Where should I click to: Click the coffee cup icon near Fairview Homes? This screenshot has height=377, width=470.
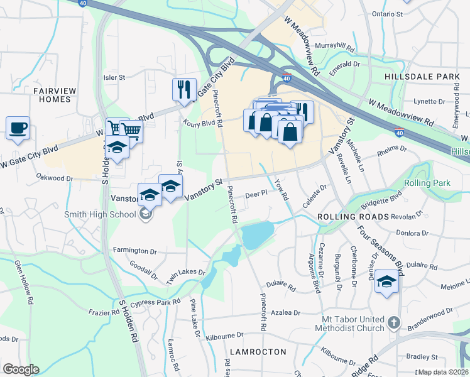tap(18, 128)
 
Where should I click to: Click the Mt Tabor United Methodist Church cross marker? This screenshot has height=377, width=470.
tap(393, 324)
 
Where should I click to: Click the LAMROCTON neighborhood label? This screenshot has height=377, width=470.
tap(258, 352)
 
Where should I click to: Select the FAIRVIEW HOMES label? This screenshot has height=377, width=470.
tap(54, 95)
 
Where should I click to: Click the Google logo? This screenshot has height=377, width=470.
tap(21, 369)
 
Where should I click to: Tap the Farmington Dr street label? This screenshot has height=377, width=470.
tap(134, 251)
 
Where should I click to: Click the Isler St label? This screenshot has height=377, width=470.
tap(114, 77)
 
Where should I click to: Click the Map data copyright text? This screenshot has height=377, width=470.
tap(443, 372)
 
